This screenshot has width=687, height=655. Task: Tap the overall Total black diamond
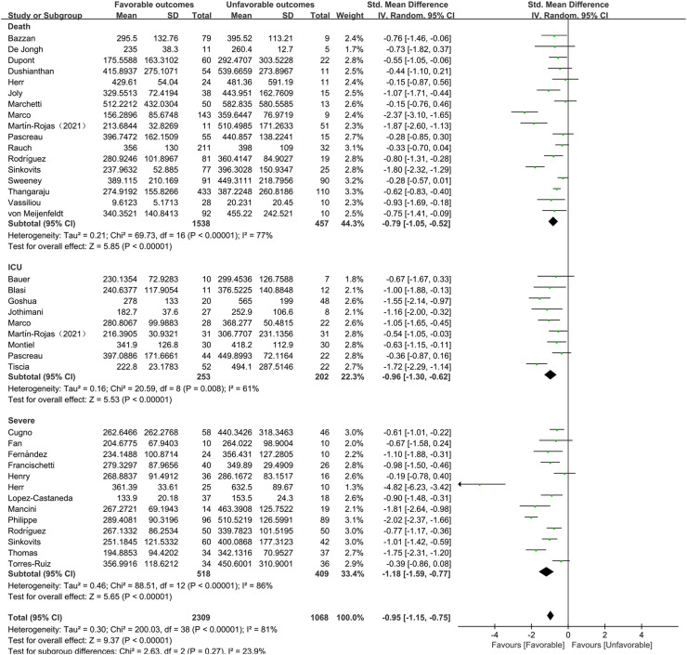tap(551, 615)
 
